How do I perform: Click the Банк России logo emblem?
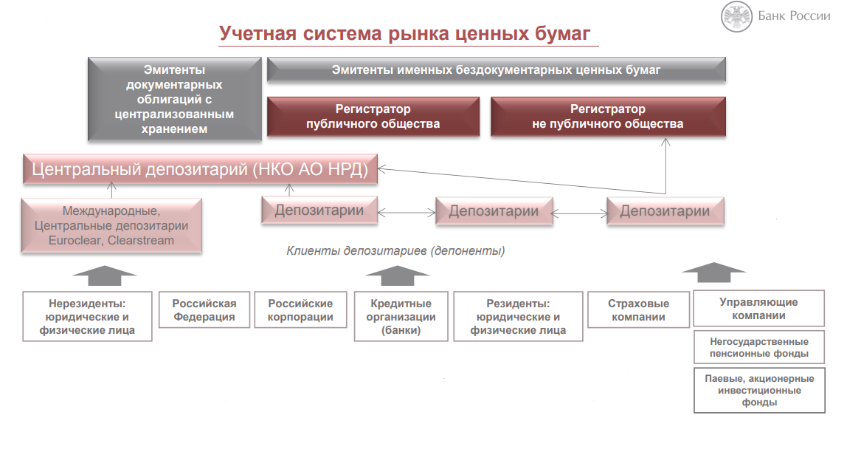(736, 16)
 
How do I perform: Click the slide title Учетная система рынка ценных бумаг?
(404, 34)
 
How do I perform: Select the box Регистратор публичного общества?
(373, 117)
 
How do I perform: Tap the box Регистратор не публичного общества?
(607, 117)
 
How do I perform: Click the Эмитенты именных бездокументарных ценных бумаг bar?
(496, 70)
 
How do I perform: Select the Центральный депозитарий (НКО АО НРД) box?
(200, 169)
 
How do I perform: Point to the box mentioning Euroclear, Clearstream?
(111, 226)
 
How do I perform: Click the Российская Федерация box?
(204, 310)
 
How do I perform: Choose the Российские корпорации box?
(300, 310)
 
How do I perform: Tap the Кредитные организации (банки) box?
(401, 316)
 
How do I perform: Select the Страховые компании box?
(638, 310)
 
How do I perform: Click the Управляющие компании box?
(758, 309)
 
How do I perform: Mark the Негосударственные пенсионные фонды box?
(758, 347)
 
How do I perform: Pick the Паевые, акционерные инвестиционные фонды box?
(758, 390)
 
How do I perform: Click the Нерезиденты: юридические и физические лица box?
(88, 316)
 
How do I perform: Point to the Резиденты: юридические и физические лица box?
(518, 316)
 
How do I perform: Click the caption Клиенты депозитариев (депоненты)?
(395, 251)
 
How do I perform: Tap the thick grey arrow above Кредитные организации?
(398, 275)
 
